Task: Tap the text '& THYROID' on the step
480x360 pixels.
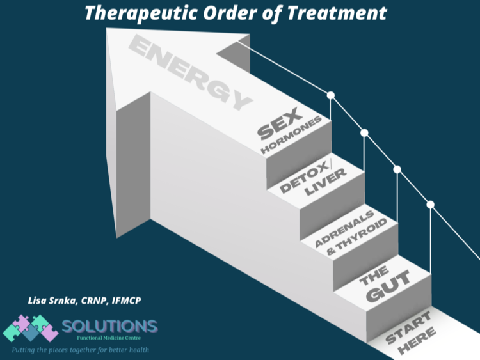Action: pos(358,236)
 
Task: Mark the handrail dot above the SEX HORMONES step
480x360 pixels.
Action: pos(331,95)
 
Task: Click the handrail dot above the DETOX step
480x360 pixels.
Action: pos(365,133)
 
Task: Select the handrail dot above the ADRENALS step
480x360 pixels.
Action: pos(397,169)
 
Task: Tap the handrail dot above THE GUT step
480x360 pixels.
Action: pos(431,205)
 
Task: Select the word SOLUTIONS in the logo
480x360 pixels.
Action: pos(109,325)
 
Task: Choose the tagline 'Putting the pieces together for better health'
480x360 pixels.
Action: pos(79,350)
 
